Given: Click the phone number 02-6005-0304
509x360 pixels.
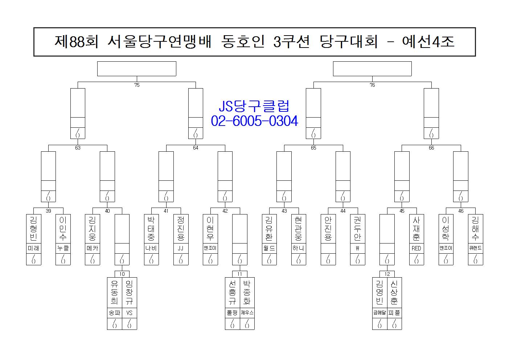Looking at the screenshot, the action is (x=254, y=121).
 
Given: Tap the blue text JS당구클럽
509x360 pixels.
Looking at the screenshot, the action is (x=254, y=106).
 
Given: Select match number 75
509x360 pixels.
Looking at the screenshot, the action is (x=137, y=85).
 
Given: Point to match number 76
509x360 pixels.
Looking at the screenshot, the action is (x=372, y=85).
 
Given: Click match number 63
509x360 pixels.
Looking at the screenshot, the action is (x=78, y=148).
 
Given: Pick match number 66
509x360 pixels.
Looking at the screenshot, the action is (x=431, y=148).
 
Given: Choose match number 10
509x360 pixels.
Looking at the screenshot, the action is (x=122, y=274).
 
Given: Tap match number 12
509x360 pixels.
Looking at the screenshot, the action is (x=387, y=274).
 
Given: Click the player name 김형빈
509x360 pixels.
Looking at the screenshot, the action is (x=33, y=229).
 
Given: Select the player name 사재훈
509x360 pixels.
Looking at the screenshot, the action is (x=416, y=229).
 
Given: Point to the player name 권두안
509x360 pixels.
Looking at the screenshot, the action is (x=358, y=229).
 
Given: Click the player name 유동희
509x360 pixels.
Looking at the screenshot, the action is (x=115, y=292).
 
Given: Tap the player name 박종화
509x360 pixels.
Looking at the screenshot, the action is (x=247, y=292).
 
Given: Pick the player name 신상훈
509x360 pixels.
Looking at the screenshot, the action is (x=394, y=292).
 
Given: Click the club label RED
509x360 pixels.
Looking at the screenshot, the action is (x=416, y=249).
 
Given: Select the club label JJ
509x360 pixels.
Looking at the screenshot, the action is (x=181, y=249).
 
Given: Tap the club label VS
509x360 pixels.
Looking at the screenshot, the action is (x=129, y=313).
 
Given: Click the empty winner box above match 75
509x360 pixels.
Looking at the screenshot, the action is (x=137, y=69).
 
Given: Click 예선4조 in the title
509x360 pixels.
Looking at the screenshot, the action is (x=428, y=42).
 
